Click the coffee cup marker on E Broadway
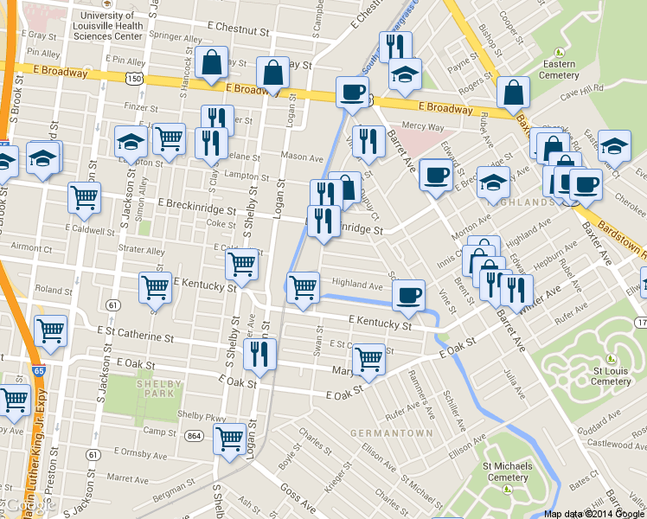(352, 92)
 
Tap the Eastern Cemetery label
(559, 69)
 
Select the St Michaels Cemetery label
(507, 471)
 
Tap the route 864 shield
(194, 437)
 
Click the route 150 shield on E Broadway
(133, 79)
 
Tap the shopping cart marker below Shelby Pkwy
(229, 439)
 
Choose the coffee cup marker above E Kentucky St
(408, 294)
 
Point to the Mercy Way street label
(423, 126)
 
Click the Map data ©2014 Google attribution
(594, 514)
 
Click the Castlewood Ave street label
(619, 443)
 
